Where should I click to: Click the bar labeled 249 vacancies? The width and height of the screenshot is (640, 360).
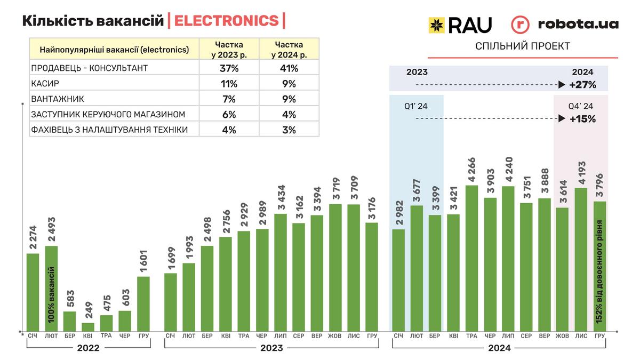tap(88, 326)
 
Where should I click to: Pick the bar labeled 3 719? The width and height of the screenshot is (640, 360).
tap(335, 267)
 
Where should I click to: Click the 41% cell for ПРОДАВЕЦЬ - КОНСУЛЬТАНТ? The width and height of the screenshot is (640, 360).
tap(289, 68)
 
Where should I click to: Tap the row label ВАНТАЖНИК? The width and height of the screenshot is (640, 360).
tap(58, 99)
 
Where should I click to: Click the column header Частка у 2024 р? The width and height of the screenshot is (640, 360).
tap(289, 49)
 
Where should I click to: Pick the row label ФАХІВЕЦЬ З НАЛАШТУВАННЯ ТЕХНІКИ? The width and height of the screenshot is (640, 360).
tap(110, 130)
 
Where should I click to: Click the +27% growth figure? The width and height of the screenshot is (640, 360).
tap(582, 85)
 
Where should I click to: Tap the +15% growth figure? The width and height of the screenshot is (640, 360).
tap(582, 119)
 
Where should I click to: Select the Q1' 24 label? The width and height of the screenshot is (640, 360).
tap(416, 106)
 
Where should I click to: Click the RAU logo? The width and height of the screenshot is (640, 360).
tap(460, 25)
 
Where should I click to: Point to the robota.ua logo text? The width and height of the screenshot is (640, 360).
tap(578, 24)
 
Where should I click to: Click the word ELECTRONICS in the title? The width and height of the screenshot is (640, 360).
tap(226, 21)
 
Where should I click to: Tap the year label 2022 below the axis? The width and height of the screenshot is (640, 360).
tap(88, 348)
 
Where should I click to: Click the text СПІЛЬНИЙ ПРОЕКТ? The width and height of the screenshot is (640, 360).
tap(523, 46)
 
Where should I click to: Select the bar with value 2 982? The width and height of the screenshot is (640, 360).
tap(398, 279)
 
